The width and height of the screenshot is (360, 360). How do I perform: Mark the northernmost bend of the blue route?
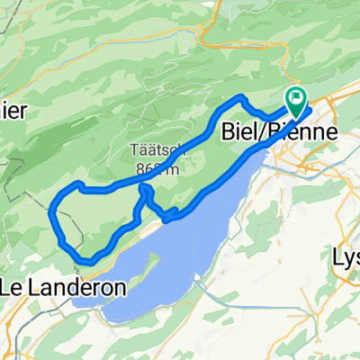[x=238, y=95]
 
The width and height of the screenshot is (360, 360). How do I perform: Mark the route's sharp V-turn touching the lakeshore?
[x=167, y=217]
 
